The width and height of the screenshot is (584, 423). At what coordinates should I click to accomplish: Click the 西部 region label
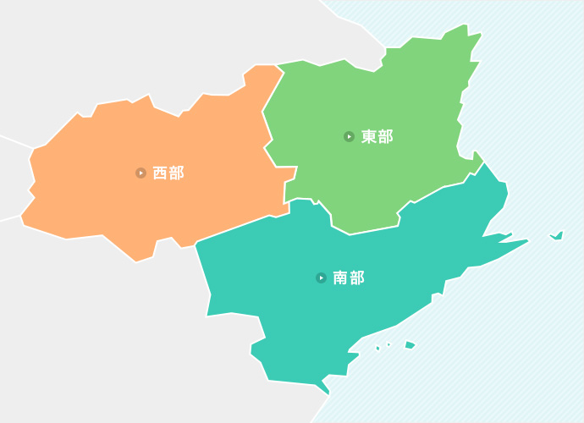click(x=168, y=173)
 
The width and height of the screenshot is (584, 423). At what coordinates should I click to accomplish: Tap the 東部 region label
click(x=377, y=137)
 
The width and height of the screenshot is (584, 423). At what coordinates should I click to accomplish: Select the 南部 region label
click(x=348, y=277)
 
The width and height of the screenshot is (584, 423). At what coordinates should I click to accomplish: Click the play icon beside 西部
click(x=140, y=173)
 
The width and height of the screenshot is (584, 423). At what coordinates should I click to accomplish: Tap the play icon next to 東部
click(x=349, y=137)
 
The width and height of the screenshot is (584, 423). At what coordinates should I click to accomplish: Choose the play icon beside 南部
click(x=321, y=277)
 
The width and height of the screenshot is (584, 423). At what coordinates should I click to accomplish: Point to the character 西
click(x=160, y=173)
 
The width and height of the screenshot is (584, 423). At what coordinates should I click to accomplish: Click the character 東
click(x=369, y=137)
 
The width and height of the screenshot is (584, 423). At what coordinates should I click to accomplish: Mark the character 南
click(x=340, y=277)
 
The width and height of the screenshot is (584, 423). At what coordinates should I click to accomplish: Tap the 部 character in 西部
click(x=176, y=173)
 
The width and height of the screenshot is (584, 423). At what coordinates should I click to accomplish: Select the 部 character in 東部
click(x=385, y=137)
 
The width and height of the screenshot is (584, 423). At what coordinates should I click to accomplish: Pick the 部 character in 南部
click(x=356, y=277)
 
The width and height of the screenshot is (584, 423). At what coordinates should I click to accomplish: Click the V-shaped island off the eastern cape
click(x=557, y=235)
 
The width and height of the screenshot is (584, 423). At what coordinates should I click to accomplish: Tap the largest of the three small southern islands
click(x=410, y=344)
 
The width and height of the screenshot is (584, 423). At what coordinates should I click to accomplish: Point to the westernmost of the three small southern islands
click(x=377, y=348)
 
